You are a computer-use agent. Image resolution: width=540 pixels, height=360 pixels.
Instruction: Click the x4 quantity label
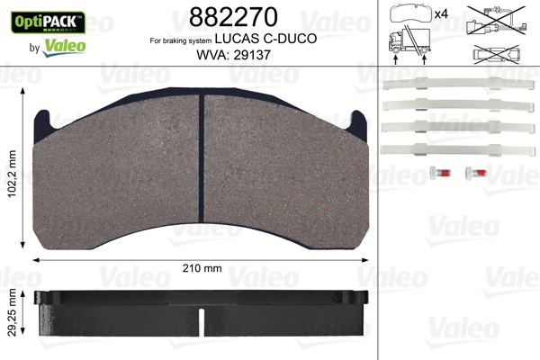point(441,13)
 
